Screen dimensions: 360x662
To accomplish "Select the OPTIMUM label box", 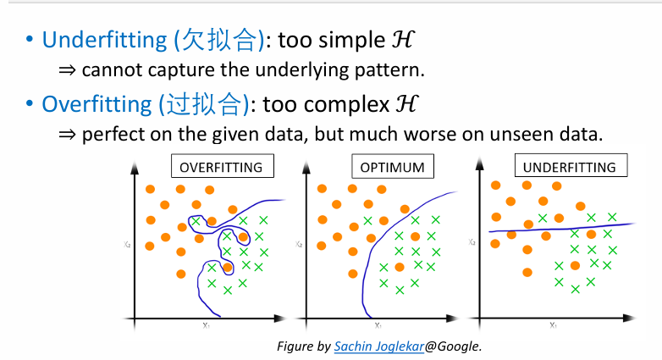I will click(x=392, y=166).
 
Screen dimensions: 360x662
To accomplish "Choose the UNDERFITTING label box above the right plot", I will click(x=569, y=166).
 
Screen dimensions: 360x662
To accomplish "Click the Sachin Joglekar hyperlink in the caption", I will click(x=378, y=346).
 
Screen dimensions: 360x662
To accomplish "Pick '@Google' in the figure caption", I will click(x=452, y=346).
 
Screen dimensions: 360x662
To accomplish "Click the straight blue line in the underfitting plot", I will click(x=559, y=227).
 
